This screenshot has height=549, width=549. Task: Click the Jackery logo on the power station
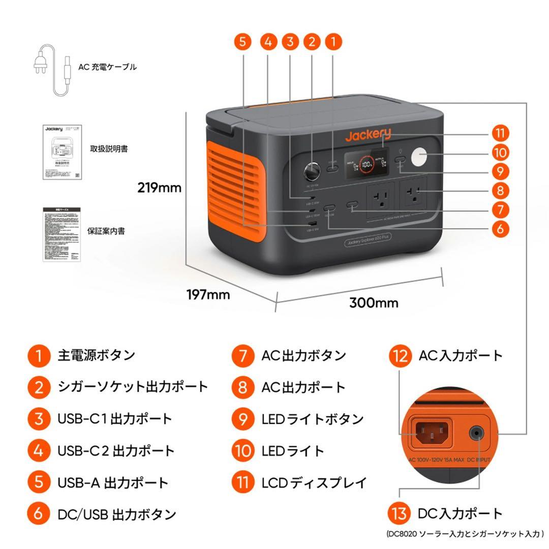[x=368, y=135]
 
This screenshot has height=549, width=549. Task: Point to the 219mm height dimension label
[x=159, y=188]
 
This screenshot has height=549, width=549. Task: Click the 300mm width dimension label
[x=374, y=303]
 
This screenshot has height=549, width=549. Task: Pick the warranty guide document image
[x=61, y=234]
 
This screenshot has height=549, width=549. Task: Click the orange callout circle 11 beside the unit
[x=500, y=134]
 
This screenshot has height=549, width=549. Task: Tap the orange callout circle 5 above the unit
[x=243, y=42]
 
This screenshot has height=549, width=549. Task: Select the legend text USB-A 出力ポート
[x=113, y=482]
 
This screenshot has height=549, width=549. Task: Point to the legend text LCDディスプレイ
[x=314, y=482]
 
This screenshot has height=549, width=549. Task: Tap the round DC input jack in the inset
[x=476, y=433]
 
